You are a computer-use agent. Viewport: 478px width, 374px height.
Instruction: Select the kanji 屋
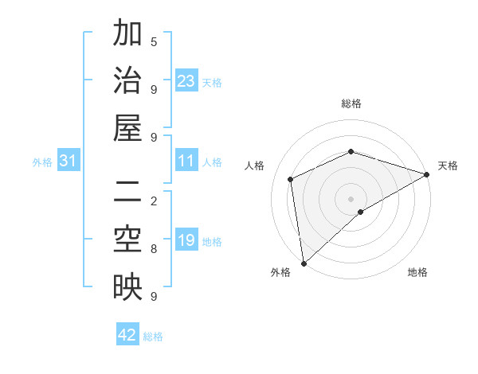(127, 128)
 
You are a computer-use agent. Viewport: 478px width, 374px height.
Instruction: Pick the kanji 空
(127, 240)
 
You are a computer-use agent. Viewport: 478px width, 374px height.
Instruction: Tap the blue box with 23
(186, 81)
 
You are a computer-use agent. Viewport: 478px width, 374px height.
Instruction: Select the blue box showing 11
(186, 162)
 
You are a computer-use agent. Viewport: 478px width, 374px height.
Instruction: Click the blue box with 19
(186, 241)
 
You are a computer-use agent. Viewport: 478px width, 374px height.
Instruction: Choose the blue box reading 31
(69, 162)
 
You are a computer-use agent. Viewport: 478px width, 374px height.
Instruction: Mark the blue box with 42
(127, 335)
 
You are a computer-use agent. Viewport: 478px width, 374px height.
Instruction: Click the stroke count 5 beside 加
(154, 41)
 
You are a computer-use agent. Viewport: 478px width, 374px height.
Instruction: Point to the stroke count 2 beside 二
(154, 201)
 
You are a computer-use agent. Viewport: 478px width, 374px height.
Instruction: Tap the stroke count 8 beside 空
(154, 248)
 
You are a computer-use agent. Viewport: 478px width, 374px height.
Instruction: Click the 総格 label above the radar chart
(351, 103)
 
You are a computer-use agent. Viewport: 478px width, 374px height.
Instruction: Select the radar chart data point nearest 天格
(427, 175)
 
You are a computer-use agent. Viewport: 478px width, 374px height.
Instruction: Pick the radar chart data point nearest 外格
(304, 263)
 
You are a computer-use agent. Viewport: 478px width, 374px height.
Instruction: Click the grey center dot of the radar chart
(351, 198)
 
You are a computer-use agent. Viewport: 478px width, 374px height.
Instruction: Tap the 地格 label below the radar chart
(417, 273)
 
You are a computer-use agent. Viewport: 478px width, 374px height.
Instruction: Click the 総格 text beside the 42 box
(153, 337)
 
